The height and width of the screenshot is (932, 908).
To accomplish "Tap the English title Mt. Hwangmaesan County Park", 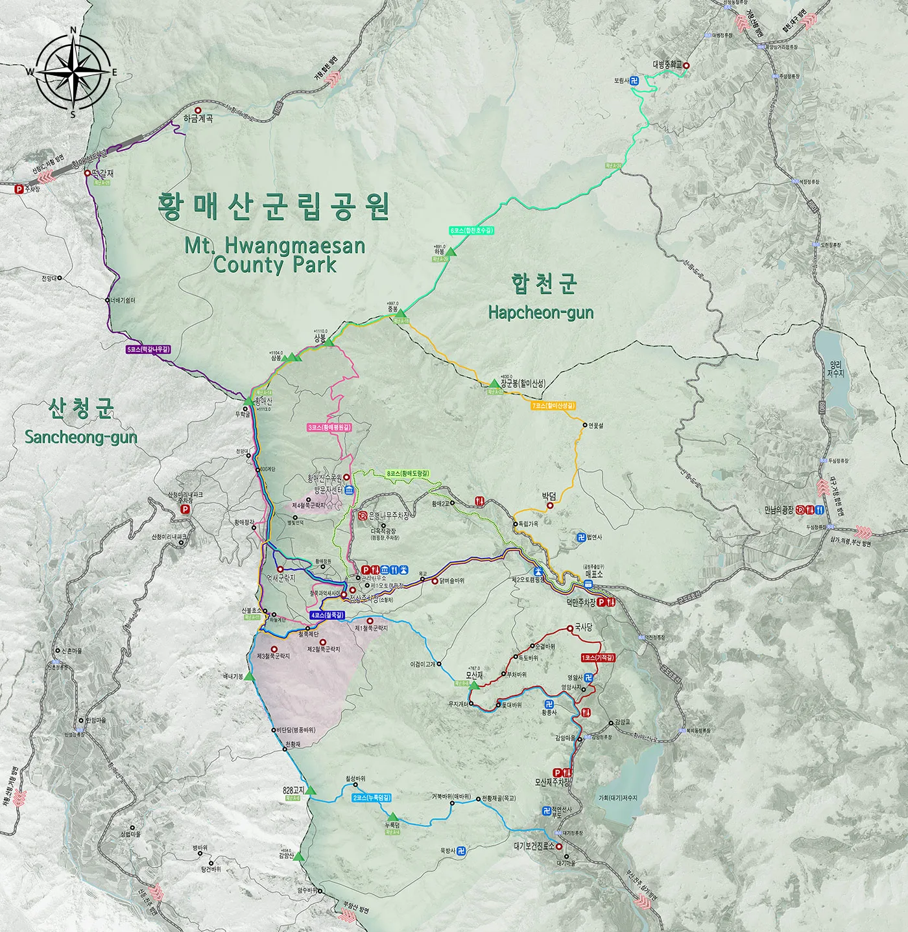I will (275, 255).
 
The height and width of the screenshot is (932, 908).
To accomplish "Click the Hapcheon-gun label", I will (541, 312).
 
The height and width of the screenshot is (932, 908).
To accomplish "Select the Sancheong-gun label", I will (81, 437).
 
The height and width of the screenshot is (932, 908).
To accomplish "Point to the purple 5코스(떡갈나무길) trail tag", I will (149, 349).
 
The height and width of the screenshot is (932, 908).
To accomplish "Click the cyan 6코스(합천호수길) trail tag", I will (472, 230).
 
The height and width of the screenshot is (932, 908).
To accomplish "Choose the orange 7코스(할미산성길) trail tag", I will (553, 406).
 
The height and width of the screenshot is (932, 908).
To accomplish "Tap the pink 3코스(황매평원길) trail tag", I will (329, 428).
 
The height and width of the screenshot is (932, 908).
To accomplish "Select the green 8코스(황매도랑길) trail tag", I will (408, 474).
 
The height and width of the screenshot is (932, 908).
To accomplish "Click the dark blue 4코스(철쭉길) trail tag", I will (327, 614).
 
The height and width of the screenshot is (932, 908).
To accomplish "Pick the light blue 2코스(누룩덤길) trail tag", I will (372, 797).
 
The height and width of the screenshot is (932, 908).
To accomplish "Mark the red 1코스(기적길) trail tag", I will (598, 657).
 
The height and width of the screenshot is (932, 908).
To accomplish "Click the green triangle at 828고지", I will (310, 790).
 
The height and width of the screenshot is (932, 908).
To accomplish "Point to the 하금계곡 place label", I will (198, 119).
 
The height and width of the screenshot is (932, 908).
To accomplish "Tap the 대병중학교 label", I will (668, 65).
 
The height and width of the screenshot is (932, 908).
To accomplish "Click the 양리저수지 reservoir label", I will (836, 369).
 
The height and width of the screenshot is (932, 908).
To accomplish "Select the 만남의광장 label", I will (780, 510).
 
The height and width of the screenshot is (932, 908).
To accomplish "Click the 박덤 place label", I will (549, 496).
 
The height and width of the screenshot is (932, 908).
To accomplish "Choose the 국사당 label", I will (583, 627).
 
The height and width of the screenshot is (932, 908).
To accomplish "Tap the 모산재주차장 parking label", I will (553, 782).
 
